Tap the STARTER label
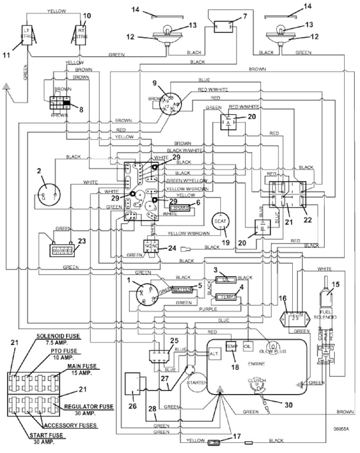click(x=195, y=383)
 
